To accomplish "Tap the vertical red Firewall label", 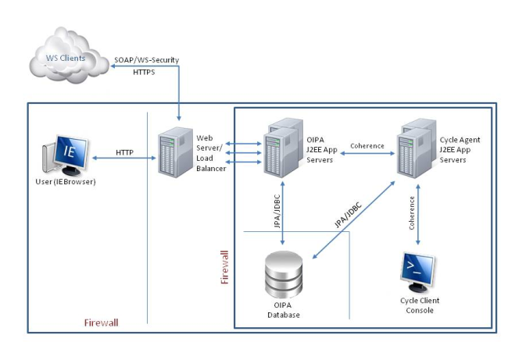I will coord(225,266).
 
